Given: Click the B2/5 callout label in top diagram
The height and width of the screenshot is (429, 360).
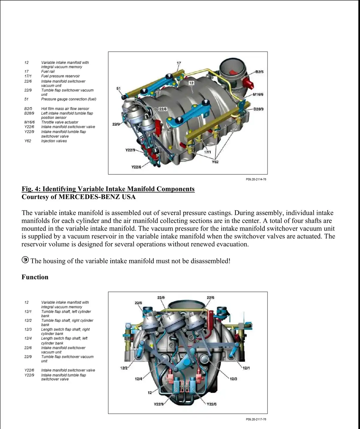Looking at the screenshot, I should tap(259, 72).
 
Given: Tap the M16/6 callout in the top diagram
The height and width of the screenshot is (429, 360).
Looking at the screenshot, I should tap(258, 95).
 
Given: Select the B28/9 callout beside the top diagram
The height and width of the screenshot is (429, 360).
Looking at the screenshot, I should tap(259, 109).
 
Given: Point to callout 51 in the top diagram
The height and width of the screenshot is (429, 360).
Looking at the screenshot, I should tap(118, 89).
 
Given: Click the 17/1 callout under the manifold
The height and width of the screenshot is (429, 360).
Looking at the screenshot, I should tap(207, 152).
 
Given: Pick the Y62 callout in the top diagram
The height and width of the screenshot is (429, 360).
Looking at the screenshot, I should tap(215, 162).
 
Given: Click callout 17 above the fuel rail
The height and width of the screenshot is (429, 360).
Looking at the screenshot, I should tap(179, 63).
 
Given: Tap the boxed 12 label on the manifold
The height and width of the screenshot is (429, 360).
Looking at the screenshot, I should tap(191, 83).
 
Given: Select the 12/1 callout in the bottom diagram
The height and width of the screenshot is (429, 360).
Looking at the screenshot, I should tap(246, 368).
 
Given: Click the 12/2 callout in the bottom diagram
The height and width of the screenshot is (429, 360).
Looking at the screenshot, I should tap(124, 368).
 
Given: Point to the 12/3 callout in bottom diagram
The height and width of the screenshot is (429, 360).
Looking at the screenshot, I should tap(233, 379).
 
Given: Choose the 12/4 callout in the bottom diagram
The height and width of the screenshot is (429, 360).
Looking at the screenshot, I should tap(138, 379).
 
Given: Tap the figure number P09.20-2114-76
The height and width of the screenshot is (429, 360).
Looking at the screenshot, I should tap(256, 180).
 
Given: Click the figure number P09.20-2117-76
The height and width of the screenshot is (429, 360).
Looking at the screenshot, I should tap(256, 419).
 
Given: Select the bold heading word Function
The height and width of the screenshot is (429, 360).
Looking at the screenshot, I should tap(35, 277).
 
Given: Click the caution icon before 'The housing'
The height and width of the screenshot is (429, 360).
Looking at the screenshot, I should tap(25, 260).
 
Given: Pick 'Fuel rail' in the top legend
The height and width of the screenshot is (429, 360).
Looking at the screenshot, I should tap(48, 71).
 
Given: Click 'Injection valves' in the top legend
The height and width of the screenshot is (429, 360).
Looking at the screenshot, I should tap(54, 141).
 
